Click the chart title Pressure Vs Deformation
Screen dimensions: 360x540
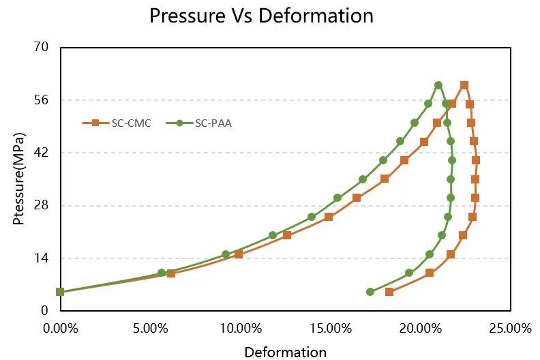click(261, 16)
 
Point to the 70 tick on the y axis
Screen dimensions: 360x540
click(42, 47)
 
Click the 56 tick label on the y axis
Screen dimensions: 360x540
click(42, 100)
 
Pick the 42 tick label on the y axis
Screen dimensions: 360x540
click(42, 153)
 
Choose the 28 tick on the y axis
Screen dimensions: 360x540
click(42, 205)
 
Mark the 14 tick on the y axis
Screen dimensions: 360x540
click(42, 258)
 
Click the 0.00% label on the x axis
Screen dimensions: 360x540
click(60, 328)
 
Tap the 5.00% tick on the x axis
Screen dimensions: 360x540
click(150, 328)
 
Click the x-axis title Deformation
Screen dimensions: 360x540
click(285, 352)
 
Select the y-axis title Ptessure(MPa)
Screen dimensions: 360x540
click(19, 179)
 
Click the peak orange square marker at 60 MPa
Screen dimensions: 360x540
click(464, 85)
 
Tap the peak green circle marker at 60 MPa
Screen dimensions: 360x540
click(438, 85)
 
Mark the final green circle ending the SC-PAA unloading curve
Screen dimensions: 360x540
click(370, 292)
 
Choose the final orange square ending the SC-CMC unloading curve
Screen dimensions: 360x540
click(389, 292)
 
